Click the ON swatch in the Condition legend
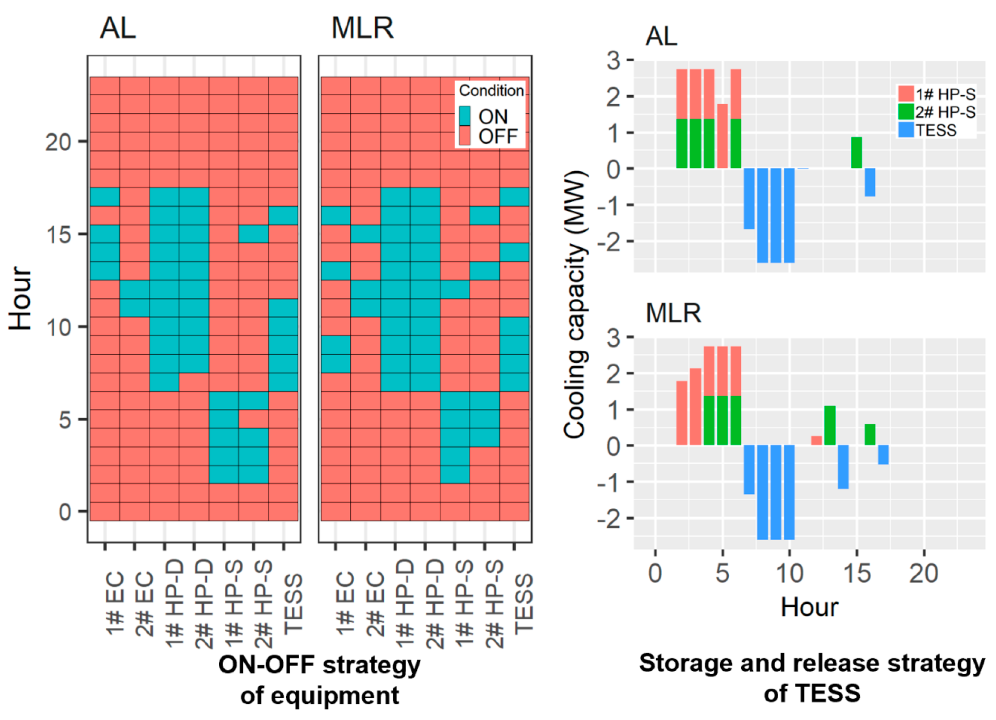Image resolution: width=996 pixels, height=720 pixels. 464,116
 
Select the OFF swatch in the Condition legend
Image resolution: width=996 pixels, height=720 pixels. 464,136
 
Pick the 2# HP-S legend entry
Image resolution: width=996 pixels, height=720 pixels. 936,112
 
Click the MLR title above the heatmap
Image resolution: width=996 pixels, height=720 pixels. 362,29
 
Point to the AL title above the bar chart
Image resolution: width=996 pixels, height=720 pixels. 661,36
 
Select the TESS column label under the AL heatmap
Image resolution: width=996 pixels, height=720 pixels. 293,604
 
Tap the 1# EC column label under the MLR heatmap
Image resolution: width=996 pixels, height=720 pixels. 345,604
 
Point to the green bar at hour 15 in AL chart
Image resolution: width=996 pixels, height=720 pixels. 857,152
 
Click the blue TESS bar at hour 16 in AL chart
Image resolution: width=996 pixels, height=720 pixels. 870,182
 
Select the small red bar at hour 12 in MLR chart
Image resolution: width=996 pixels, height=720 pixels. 816,440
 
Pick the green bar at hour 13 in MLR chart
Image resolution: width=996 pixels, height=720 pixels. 829,425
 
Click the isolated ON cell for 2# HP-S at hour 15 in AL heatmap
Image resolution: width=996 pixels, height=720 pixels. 253,234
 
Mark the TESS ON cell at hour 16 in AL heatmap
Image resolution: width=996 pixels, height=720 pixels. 283,215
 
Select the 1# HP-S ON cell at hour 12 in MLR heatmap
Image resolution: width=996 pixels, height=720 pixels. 454,289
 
